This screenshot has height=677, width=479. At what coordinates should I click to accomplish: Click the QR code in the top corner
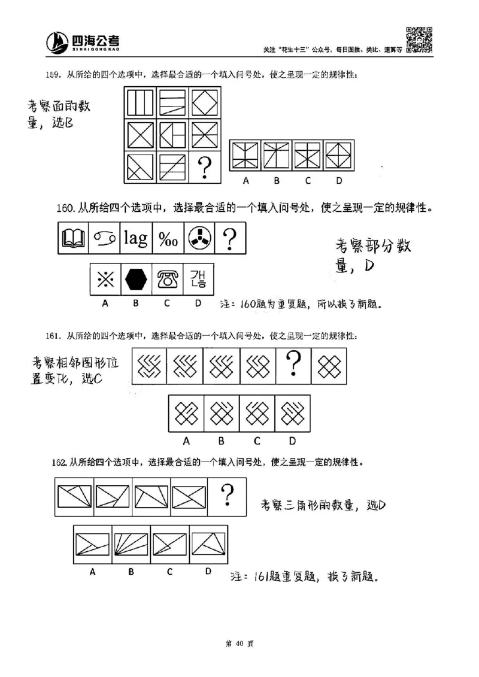(x=420, y=40)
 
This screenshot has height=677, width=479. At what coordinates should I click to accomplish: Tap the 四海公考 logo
(x=84, y=41)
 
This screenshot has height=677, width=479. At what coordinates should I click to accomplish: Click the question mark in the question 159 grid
(x=205, y=166)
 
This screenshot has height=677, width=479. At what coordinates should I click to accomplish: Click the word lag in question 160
(x=135, y=239)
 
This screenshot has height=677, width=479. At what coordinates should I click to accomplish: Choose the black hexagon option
(x=136, y=279)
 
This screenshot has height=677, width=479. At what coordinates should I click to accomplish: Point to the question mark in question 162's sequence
(x=227, y=495)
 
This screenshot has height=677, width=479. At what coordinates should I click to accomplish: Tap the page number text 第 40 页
(x=239, y=643)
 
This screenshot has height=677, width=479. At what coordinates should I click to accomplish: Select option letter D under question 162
(x=208, y=571)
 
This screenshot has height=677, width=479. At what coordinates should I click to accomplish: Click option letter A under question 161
(x=186, y=441)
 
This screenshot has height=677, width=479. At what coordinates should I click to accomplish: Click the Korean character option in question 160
(x=198, y=279)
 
